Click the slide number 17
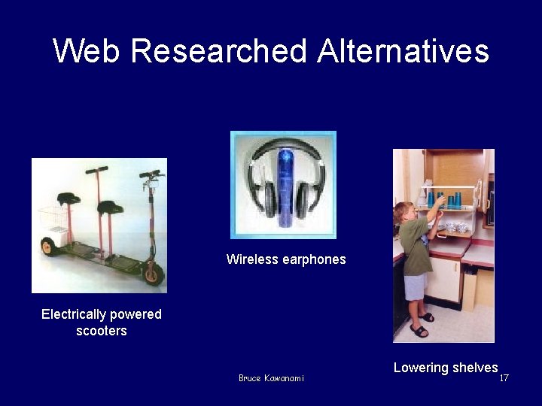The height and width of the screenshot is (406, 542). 504,377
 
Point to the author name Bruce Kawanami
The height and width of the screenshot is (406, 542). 271,378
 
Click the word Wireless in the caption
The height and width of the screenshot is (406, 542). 253,259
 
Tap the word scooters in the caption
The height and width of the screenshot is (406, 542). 102,331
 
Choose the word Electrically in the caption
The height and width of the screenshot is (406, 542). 75,314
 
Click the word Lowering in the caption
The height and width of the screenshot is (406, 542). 420,368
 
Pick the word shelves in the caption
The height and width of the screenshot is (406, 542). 474,368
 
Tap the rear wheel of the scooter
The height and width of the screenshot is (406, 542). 48,246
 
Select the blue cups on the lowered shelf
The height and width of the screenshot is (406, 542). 445,200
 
